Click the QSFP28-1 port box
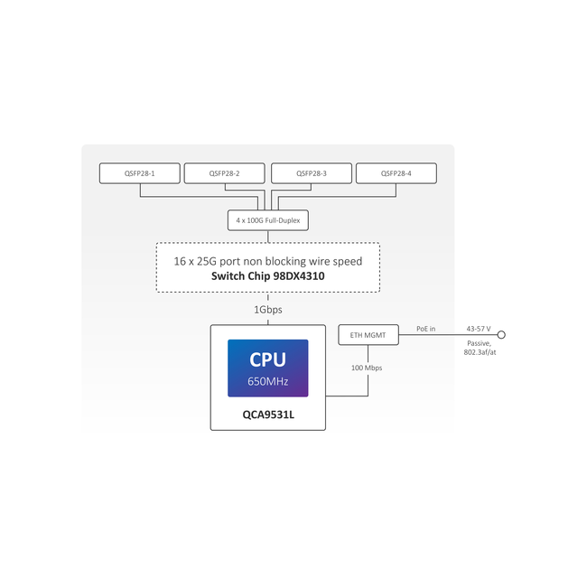coord(139,173)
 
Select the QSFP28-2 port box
coord(224,173)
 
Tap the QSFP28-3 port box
coord(311,173)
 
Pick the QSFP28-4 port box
coord(396,173)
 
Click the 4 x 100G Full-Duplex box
coord(268,220)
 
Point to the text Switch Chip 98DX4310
coord(268,276)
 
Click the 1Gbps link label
coord(268,310)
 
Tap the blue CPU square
coord(268,368)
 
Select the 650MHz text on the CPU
coord(268,381)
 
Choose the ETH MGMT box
coord(368,335)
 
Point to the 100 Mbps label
coord(368,368)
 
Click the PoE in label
coord(425,329)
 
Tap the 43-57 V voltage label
coord(478,329)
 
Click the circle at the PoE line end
coord(501,335)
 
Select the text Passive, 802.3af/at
coord(480,348)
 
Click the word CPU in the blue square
coord(268,360)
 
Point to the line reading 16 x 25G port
coord(268,261)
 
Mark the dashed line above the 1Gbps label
coord(268,297)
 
